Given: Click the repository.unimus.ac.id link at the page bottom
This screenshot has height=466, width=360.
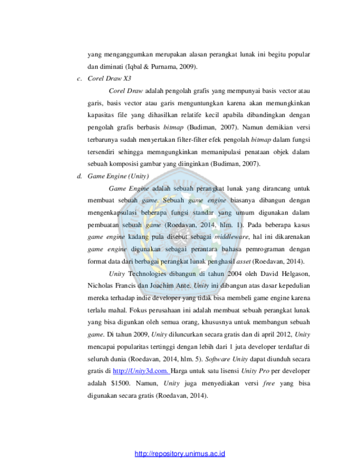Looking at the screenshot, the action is coord(179,454).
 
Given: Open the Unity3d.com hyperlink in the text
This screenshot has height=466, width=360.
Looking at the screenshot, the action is coord(141,371).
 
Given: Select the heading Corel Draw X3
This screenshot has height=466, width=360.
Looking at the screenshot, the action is coord(109,79).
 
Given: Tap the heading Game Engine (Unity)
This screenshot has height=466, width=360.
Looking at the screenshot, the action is coord(118,176).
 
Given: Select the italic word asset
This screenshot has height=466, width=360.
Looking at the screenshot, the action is coord(243,262).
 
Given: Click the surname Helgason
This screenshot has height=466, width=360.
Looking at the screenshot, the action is coord(296,274).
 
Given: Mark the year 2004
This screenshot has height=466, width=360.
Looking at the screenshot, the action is coord(234,274).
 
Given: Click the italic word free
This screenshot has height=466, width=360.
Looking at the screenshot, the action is coord(269,383).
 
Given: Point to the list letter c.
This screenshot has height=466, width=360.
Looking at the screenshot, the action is coord(79,79).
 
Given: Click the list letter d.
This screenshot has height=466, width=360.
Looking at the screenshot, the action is coord(79,176).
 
